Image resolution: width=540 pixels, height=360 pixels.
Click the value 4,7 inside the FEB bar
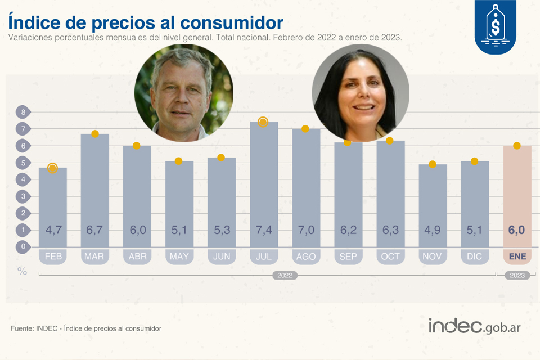tap(53, 230)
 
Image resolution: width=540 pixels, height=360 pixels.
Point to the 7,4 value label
tap(264, 230)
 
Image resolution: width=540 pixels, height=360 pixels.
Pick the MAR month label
tap(95, 256)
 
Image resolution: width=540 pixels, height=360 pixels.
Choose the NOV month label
tap(433, 256)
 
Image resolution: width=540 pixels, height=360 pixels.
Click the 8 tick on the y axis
tap(23, 112)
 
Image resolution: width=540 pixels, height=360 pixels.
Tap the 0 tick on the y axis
tap(23, 246)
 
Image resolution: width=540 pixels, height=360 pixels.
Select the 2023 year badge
tap(517, 276)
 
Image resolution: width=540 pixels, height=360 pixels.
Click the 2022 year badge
tap(285, 276)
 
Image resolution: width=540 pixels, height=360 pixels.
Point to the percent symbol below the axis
tap(22, 271)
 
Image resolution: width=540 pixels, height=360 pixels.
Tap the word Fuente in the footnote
tap(21, 328)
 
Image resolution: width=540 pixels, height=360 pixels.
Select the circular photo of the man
tap(183, 93)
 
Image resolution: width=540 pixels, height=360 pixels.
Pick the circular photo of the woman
tap(361, 93)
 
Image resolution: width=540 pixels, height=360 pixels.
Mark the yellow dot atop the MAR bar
tap(95, 134)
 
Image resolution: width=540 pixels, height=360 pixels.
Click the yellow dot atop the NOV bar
tap(433, 164)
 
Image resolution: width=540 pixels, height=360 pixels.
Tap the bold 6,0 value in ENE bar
tap(517, 230)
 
